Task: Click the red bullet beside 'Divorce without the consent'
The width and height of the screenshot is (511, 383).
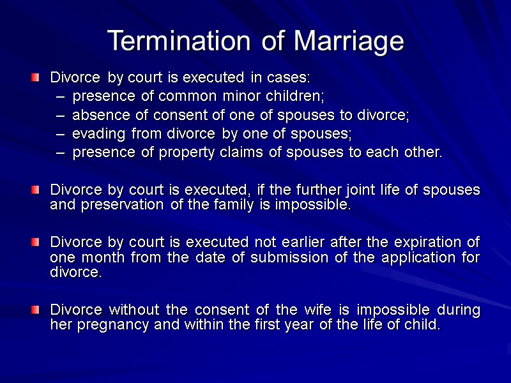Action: point(36,310)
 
